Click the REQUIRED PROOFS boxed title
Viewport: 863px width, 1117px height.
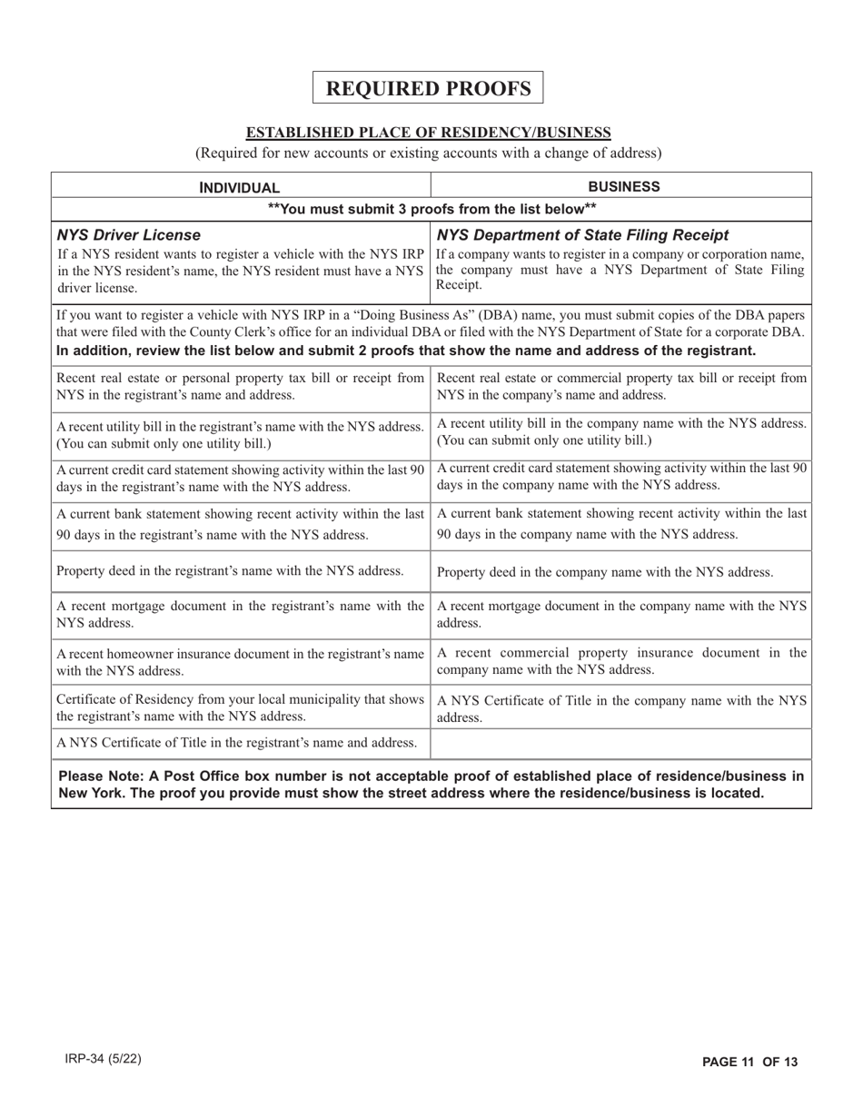[428, 88]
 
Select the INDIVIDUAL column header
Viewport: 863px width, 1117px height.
[240, 188]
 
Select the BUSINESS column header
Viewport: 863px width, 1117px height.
[622, 187]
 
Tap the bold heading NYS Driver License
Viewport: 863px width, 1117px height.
[129, 236]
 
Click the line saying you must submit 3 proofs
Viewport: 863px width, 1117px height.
[431, 209]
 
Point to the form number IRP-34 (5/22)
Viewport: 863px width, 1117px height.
[103, 1060]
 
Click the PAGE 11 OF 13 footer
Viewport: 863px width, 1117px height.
[749, 1062]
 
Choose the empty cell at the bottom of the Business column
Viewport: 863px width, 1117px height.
[621, 744]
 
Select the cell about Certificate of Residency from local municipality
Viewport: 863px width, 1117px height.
[240, 708]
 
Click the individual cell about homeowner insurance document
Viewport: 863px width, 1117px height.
[240, 662]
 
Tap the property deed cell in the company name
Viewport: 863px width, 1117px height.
[605, 572]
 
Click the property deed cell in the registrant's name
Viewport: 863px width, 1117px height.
[230, 570]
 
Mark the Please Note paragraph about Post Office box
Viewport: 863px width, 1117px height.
[431, 784]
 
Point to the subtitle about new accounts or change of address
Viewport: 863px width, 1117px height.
[429, 153]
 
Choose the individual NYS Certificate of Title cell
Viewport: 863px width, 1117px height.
[236, 743]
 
